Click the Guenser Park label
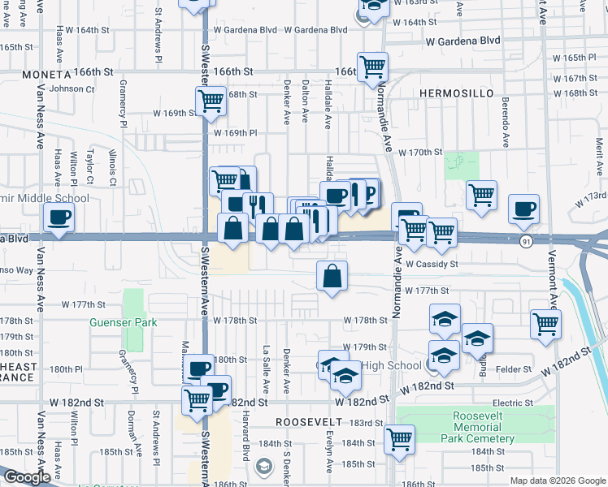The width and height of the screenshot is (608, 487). click(124, 322)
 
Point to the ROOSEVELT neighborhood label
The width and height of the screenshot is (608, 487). click(310, 422)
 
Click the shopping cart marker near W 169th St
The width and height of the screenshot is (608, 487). click(210, 101)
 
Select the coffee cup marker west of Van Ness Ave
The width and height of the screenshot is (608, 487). click(59, 218)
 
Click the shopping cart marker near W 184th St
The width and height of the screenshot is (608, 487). click(399, 439)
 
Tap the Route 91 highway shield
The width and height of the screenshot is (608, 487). click(527, 241)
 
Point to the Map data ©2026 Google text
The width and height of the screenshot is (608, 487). click(558, 481)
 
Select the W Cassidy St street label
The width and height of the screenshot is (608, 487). click(432, 264)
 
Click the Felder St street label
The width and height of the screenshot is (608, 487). click(515, 369)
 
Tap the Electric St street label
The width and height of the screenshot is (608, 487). click(512, 403)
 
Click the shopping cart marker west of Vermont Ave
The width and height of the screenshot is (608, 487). click(545, 324)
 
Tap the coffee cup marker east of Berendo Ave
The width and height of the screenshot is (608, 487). click(523, 209)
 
